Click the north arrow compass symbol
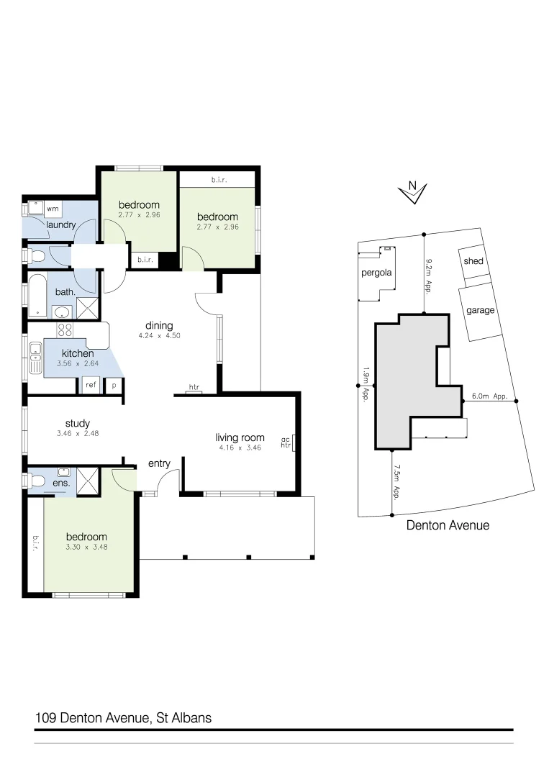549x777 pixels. click(x=413, y=191)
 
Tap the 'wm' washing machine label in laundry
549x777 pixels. click(x=53, y=209)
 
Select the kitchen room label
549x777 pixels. click(x=78, y=353)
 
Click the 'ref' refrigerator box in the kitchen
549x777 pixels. click(x=91, y=386)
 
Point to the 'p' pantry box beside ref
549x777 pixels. click(x=114, y=386)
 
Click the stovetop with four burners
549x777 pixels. click(x=65, y=331)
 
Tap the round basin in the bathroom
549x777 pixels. click(x=63, y=312)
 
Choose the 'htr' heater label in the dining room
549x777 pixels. click(x=194, y=388)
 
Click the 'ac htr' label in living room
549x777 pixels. click(x=285, y=442)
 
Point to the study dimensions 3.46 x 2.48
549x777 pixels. click(x=77, y=435)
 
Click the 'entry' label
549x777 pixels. click(x=159, y=463)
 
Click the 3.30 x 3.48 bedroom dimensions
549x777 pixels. click(x=86, y=547)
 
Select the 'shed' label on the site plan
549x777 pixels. click(x=473, y=261)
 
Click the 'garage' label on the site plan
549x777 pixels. click(x=481, y=310)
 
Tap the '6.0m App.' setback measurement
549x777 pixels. click(x=490, y=396)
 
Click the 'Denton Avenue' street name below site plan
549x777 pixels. click(x=448, y=525)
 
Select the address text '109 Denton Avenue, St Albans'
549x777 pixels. click(x=123, y=717)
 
